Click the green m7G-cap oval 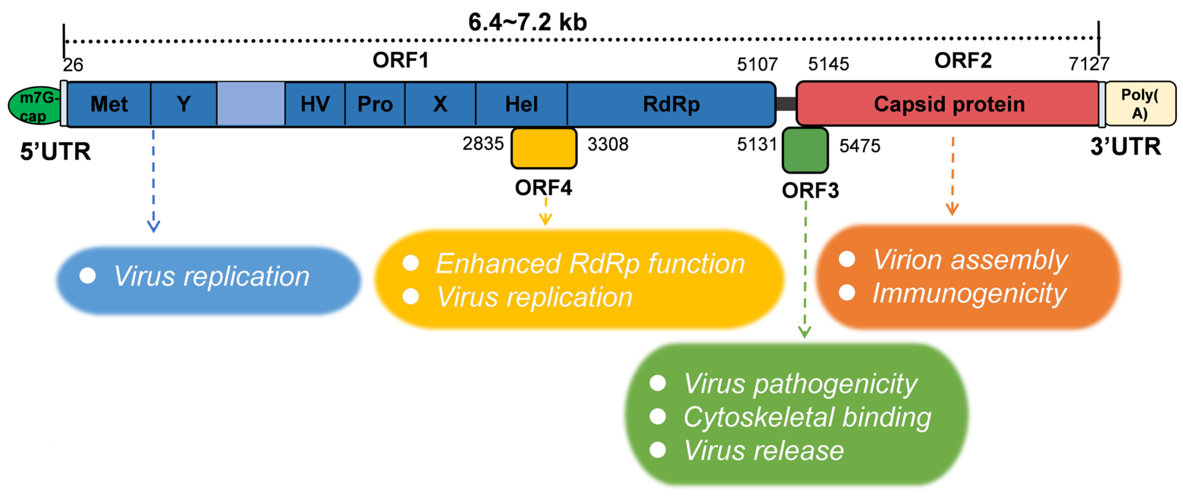(35, 106)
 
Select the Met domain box (109, 104)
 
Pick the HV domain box (315, 104)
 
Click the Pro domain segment (375, 104)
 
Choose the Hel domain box (521, 104)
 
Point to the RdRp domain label (671, 104)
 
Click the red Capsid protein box (948, 104)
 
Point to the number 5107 (757, 65)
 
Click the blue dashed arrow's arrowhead (153, 227)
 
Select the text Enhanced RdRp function (590, 264)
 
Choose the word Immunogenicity (969, 293)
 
